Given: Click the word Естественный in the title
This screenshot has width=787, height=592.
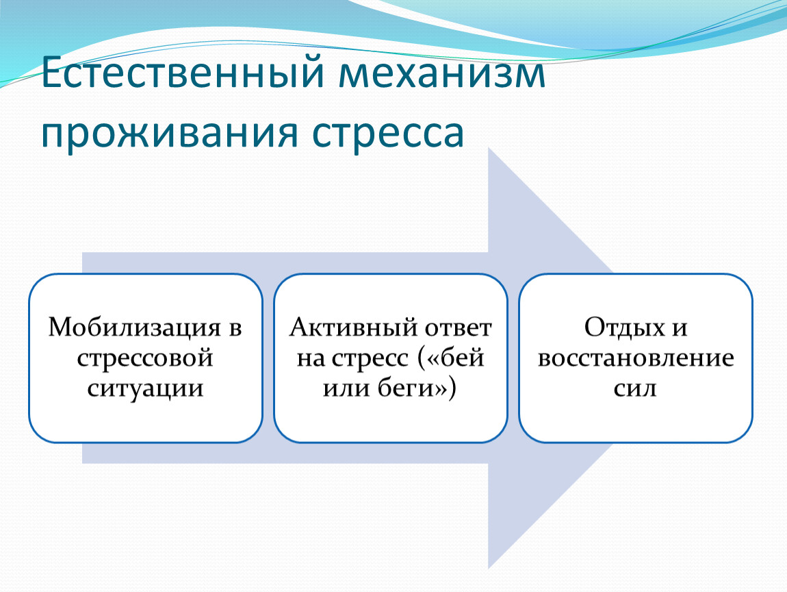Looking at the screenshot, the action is coord(183,73).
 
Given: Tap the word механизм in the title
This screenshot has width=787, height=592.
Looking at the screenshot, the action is coord(441,73).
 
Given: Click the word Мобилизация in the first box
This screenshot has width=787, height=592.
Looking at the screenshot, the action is coord(134,328).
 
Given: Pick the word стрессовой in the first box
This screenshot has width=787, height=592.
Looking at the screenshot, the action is coord(145,358).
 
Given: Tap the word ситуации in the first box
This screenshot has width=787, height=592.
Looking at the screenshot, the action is coord(145,388).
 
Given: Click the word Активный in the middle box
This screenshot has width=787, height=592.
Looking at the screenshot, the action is coord(353,328).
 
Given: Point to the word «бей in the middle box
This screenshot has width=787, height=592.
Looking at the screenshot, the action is coord(451,358).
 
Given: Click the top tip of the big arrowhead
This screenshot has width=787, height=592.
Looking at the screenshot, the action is coord(489,148).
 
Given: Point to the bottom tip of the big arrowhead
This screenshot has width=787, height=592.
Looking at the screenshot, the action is coord(489,569).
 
